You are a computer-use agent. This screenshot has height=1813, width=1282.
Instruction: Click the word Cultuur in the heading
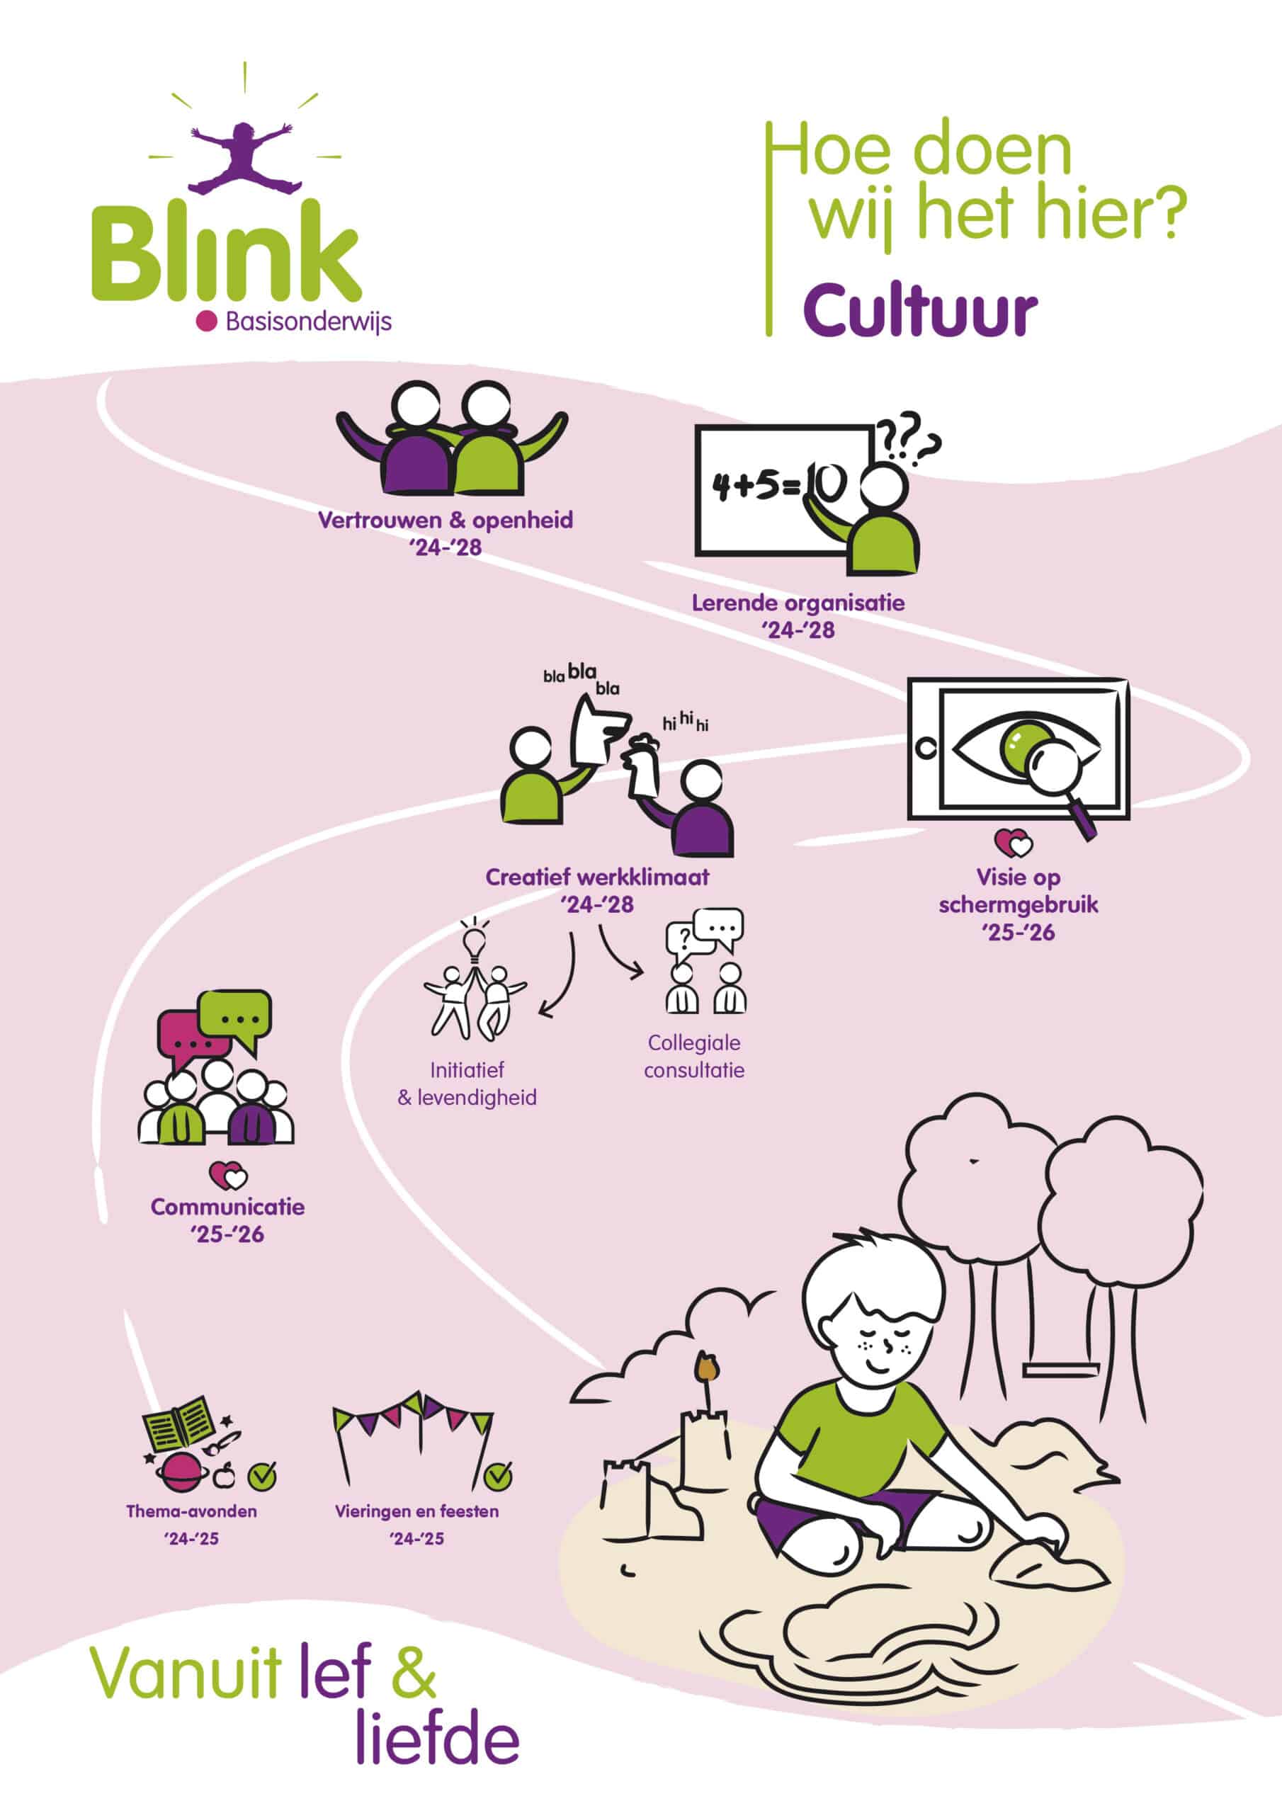point(919,310)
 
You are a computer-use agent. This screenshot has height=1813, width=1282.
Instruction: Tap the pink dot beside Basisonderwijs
point(206,321)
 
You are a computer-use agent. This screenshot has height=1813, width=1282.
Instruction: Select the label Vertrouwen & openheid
point(446,521)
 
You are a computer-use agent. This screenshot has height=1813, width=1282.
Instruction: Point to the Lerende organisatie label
point(798,603)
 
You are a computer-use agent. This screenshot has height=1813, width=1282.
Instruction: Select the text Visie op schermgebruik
point(1019,891)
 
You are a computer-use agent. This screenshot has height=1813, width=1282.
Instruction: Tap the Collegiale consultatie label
point(694,1056)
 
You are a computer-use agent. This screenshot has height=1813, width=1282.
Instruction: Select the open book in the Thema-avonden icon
point(178,1424)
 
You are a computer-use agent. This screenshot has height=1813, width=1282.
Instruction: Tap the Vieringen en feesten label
point(417,1511)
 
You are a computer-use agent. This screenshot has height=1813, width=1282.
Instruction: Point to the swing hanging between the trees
point(1062,1369)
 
